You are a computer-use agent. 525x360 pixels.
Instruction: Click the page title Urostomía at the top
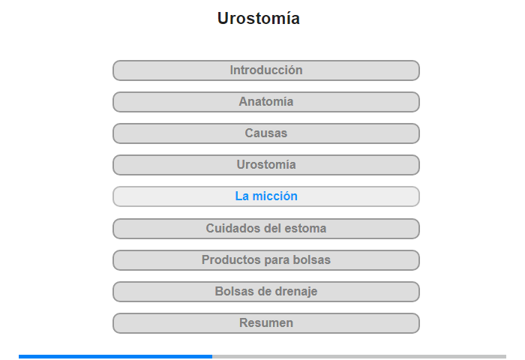tap(259, 19)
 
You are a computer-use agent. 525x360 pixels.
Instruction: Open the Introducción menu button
tap(266, 70)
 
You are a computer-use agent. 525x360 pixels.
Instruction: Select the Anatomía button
tap(266, 102)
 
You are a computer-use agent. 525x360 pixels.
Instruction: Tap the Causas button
tap(266, 133)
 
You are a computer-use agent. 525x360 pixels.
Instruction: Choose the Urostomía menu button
tap(266, 165)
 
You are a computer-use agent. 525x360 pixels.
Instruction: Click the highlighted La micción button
tap(266, 196)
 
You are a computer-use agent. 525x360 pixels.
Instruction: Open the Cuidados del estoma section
tap(266, 229)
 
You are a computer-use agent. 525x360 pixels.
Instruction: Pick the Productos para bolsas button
tap(266, 260)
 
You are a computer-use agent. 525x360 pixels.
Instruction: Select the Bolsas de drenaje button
tap(266, 292)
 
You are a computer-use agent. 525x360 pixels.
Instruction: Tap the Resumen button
tap(266, 323)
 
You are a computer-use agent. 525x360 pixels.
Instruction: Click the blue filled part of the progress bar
tap(115, 357)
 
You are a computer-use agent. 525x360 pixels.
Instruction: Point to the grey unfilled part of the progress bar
tap(359, 357)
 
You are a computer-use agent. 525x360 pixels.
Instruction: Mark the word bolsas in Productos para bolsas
tap(312, 259)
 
